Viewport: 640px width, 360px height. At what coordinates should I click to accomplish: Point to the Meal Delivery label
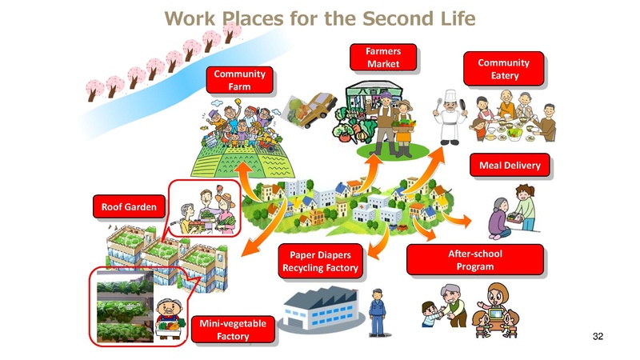[509, 166]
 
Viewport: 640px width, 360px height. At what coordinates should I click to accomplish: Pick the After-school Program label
[474, 260]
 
